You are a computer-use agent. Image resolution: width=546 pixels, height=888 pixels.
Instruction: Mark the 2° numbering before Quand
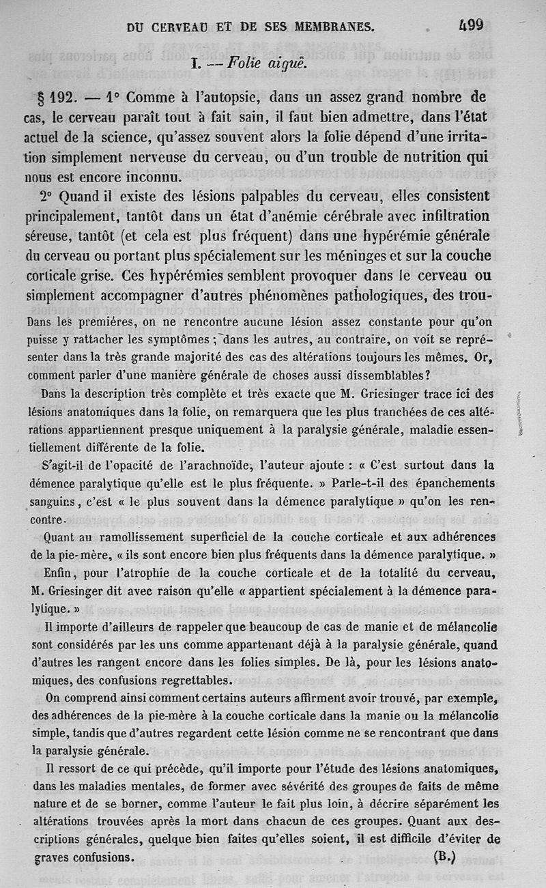[46, 197]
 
